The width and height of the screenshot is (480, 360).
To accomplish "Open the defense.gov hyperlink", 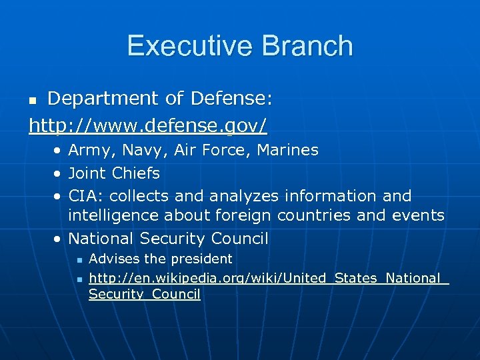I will [148, 125].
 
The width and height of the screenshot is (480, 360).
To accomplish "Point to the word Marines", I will [287, 150].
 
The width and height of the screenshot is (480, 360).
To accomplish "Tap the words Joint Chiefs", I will [114, 173].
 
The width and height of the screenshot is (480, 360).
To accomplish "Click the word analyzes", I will [245, 196].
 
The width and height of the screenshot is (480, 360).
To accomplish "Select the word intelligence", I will [114, 215].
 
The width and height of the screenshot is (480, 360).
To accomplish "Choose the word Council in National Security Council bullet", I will [239, 238].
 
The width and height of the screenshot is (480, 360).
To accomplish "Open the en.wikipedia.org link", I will [267, 279].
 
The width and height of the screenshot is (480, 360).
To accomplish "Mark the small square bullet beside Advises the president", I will [79, 259].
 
